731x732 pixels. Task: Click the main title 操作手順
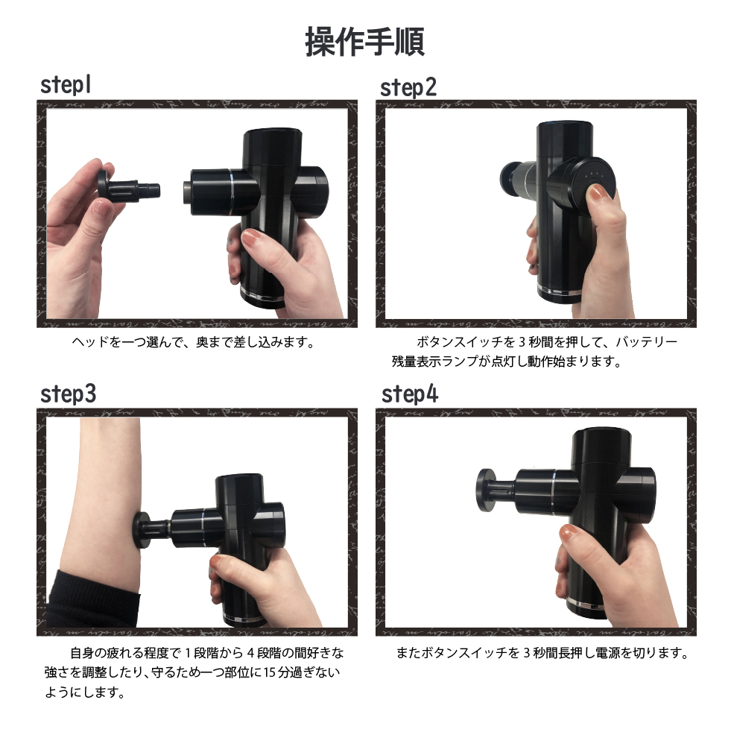pos(364,42)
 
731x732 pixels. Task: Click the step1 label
pos(66,85)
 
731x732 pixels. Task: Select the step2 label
pos(408,87)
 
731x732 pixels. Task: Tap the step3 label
pos(68,394)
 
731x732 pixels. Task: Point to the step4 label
pos(410,394)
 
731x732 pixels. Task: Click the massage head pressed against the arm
pos(151,531)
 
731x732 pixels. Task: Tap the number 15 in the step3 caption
pos(269,672)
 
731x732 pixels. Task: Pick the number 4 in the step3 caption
pos(250,653)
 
